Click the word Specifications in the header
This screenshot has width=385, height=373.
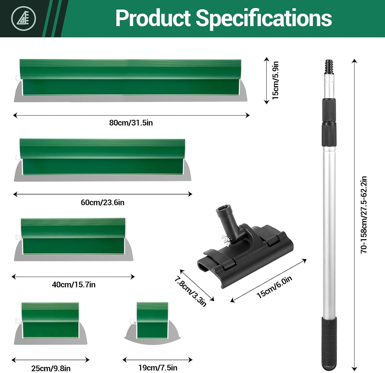pyautogui.click(x=264, y=18)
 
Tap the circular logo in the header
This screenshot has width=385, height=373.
pyautogui.click(x=23, y=18)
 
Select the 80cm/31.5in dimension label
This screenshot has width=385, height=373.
pyautogui.click(x=131, y=123)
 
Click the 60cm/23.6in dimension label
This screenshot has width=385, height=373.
pyautogui.click(x=102, y=202)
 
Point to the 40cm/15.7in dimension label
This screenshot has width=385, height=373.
pyautogui.click(x=74, y=284)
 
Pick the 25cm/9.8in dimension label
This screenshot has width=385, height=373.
pyautogui.click(x=51, y=368)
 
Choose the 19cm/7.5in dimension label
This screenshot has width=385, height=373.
pyautogui.click(x=158, y=368)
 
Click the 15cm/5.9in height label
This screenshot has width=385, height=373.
pyautogui.click(x=275, y=80)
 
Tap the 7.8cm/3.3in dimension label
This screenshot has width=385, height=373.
pyautogui.click(x=190, y=292)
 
